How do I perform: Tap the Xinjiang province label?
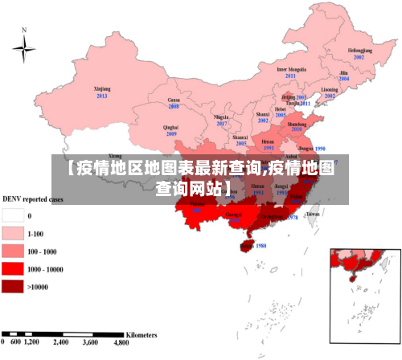tap(102, 88)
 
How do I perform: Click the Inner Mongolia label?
tap(292, 69)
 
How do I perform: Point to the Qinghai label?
tap(170, 127)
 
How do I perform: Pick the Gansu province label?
tap(174, 100)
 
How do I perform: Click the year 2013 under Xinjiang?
tap(102, 96)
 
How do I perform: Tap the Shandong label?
tap(297, 125)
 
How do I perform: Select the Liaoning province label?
tap(330, 88)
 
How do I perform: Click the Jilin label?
tap(343, 72)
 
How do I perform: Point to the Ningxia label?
tap(222, 117)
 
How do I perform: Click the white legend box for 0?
tap(13, 216)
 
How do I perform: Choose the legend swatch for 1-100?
tap(13, 234)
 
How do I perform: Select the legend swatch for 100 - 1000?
tap(13, 251)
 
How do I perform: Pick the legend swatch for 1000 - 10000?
tap(13, 268)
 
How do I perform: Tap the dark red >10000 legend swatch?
tap(13, 286)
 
